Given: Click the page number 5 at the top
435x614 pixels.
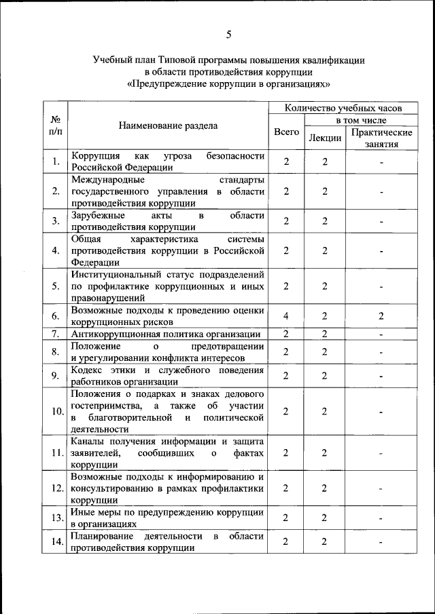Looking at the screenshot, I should point(228,35).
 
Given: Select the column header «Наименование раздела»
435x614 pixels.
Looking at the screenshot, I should point(168,126).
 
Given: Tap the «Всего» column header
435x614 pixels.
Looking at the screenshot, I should point(286,132).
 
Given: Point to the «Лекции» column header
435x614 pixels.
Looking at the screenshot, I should point(325,138).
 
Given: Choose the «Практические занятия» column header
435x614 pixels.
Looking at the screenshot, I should point(381,138).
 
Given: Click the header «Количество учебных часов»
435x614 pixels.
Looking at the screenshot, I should point(343,107).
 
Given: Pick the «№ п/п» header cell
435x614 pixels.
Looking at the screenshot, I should point(55,126).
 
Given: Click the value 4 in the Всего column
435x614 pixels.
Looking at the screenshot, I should point(286,316).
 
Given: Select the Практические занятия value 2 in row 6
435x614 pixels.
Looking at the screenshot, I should point(381,316).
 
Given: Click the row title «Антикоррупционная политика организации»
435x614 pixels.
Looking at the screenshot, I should point(166,334).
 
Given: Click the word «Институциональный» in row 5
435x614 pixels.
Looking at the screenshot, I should point(116,274).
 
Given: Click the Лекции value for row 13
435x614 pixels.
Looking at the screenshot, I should point(325,518).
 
